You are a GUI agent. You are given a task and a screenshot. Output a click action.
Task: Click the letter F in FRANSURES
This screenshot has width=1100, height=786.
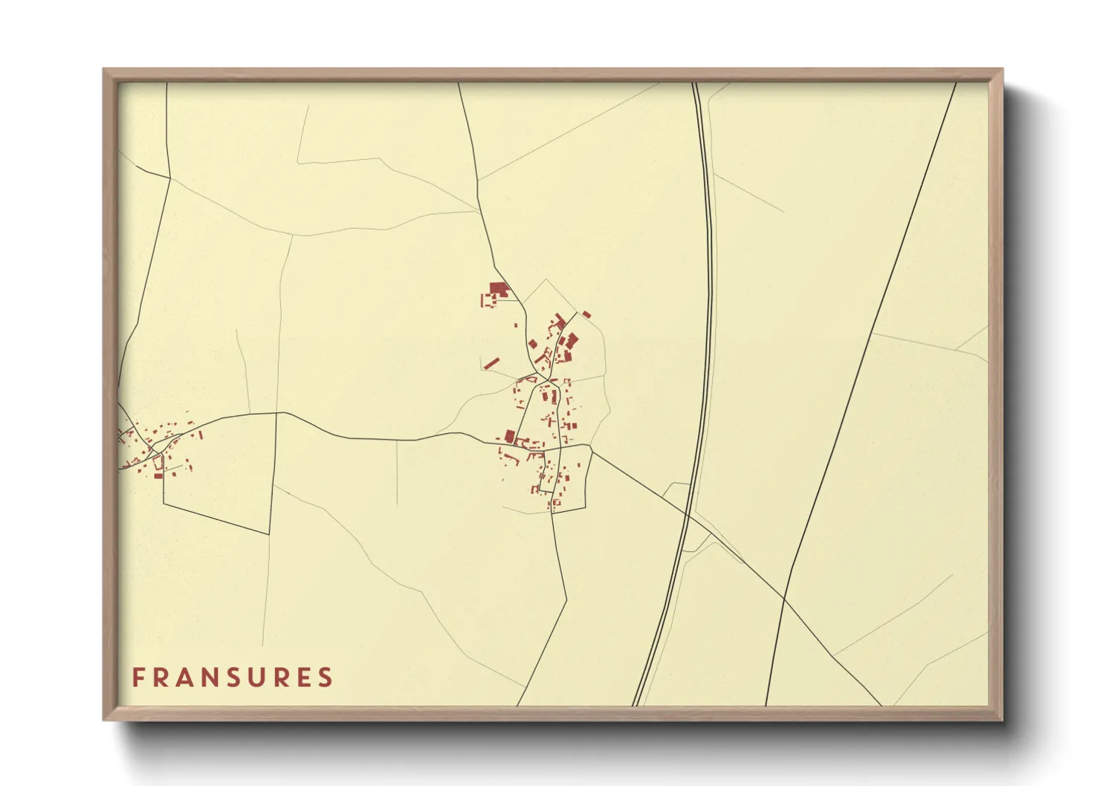click(137, 678)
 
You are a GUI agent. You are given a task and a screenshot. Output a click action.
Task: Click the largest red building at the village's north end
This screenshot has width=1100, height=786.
click(497, 289)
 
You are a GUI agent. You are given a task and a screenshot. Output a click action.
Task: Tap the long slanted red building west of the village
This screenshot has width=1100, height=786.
click(491, 363)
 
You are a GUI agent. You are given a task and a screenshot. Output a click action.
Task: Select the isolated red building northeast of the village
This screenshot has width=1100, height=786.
click(586, 314)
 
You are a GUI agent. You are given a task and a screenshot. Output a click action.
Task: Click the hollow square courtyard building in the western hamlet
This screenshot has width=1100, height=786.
click(158, 461)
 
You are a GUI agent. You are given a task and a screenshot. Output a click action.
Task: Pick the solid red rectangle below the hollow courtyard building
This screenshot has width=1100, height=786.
click(158, 475)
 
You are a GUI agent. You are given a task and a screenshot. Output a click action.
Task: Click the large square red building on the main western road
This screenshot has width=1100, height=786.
click(510, 435)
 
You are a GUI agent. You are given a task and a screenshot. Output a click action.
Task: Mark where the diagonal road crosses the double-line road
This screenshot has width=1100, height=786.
click(688, 514)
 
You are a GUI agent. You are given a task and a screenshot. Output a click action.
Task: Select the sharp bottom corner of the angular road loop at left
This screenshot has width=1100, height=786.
click(268, 533)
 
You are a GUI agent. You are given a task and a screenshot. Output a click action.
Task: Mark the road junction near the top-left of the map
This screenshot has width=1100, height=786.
click(169, 177)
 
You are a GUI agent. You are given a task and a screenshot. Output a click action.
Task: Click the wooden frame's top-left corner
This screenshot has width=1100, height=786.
click(104, 70)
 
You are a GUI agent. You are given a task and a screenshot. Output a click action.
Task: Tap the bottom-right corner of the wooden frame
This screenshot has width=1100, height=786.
click(1002, 720)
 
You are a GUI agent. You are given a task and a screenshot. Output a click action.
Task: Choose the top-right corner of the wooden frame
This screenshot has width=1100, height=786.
click(1002, 70)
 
